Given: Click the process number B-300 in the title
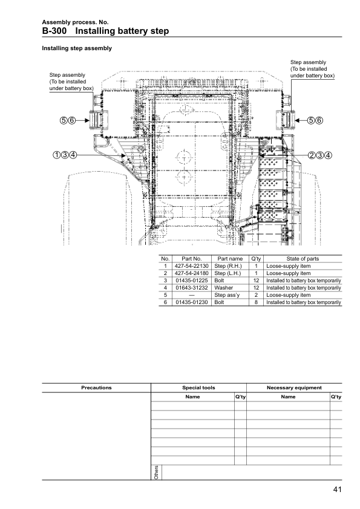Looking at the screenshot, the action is coord(54,31).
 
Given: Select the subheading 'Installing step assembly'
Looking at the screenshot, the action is coord(77,48).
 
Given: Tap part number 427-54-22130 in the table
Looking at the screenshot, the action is coord(192,266).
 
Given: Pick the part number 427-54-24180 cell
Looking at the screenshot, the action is coord(192,273).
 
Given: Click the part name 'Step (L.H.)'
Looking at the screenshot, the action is coord(227,273).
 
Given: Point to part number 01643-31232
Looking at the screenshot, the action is coord(192,288).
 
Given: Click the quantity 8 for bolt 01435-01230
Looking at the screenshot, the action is coord(256,302).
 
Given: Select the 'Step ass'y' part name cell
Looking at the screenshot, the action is coord(227,295).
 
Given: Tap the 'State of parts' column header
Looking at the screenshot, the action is coord(303,259).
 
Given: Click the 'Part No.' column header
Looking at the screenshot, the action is coord(192,259).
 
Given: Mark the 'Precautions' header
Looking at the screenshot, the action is coord(96,387).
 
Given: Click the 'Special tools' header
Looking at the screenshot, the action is coord(198,387).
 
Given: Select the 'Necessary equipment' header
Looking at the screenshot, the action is coord(294,387).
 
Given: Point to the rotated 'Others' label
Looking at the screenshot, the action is coord(156,472).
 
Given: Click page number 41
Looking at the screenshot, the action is coord(337,490).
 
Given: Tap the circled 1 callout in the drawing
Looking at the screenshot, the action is coord(56,155).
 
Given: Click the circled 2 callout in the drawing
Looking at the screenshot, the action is coord(312,155).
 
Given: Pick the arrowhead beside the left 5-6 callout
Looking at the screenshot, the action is coord(87,120).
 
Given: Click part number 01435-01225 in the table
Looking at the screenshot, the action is coord(192,280).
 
